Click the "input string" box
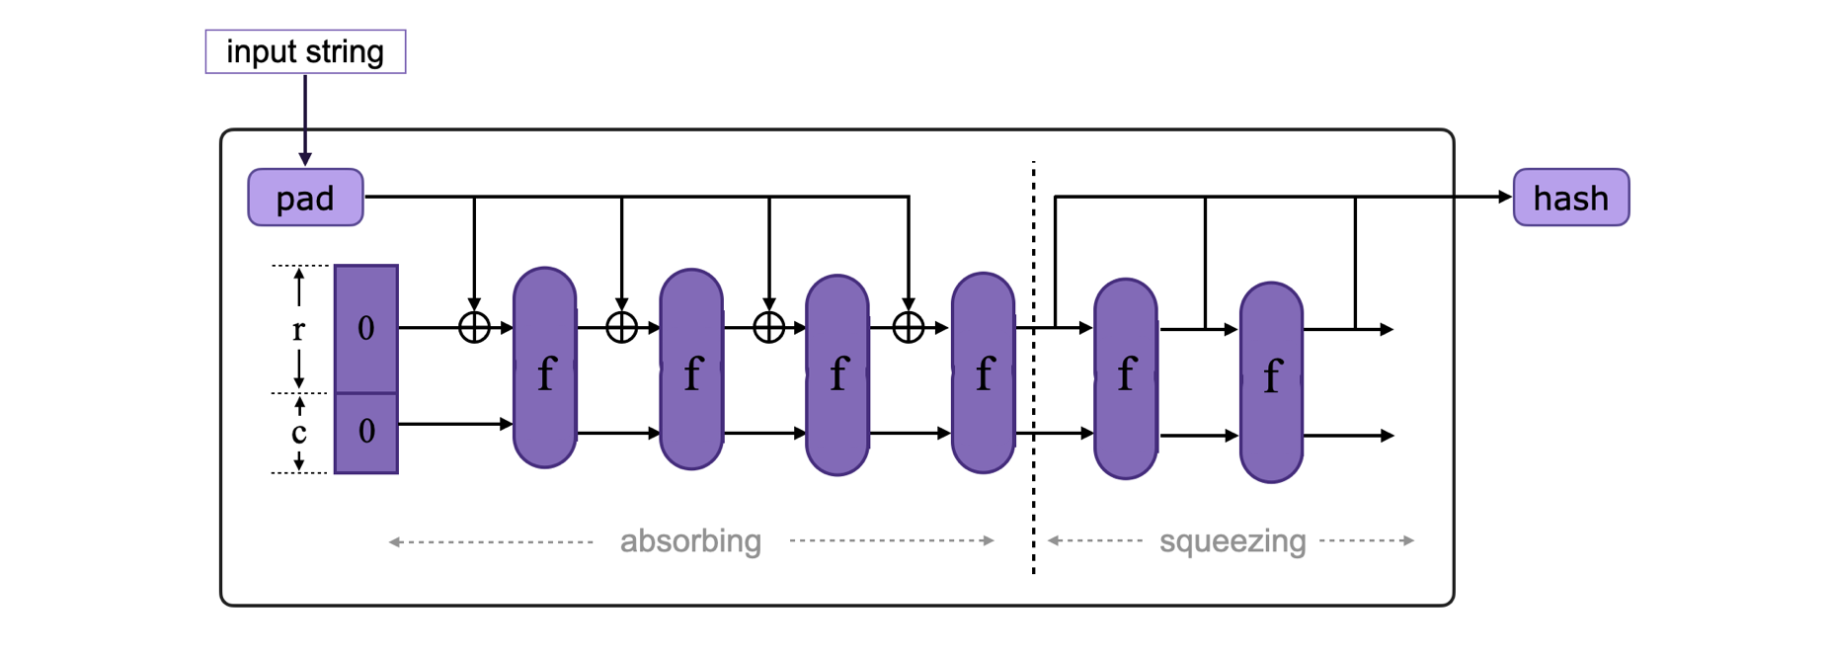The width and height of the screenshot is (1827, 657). tap(305, 51)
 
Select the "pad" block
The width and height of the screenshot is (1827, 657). tap(305, 198)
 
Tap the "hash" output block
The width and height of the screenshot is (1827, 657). tap(1570, 198)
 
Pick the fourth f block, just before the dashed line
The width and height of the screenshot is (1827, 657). tap(983, 372)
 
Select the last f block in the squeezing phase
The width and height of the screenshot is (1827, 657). tap(1271, 382)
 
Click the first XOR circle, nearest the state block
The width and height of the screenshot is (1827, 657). tap(474, 327)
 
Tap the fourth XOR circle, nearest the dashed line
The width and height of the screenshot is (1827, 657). tap(908, 327)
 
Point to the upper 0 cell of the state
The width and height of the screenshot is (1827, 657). tap(366, 328)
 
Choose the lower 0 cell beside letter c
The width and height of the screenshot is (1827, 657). tap(366, 432)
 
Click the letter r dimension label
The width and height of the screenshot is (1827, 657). tap(298, 329)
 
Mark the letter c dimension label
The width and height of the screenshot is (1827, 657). tap(298, 433)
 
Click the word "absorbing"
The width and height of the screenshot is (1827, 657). tap(690, 541)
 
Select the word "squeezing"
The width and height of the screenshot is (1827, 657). tap(1231, 541)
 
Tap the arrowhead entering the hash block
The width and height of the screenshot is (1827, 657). tap(1505, 197)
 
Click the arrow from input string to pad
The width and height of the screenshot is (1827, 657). tap(305, 119)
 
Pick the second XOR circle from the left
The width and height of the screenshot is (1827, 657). tap(621, 327)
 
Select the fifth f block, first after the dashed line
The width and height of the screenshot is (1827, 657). tap(1125, 378)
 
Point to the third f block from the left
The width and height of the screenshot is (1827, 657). tap(836, 374)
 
